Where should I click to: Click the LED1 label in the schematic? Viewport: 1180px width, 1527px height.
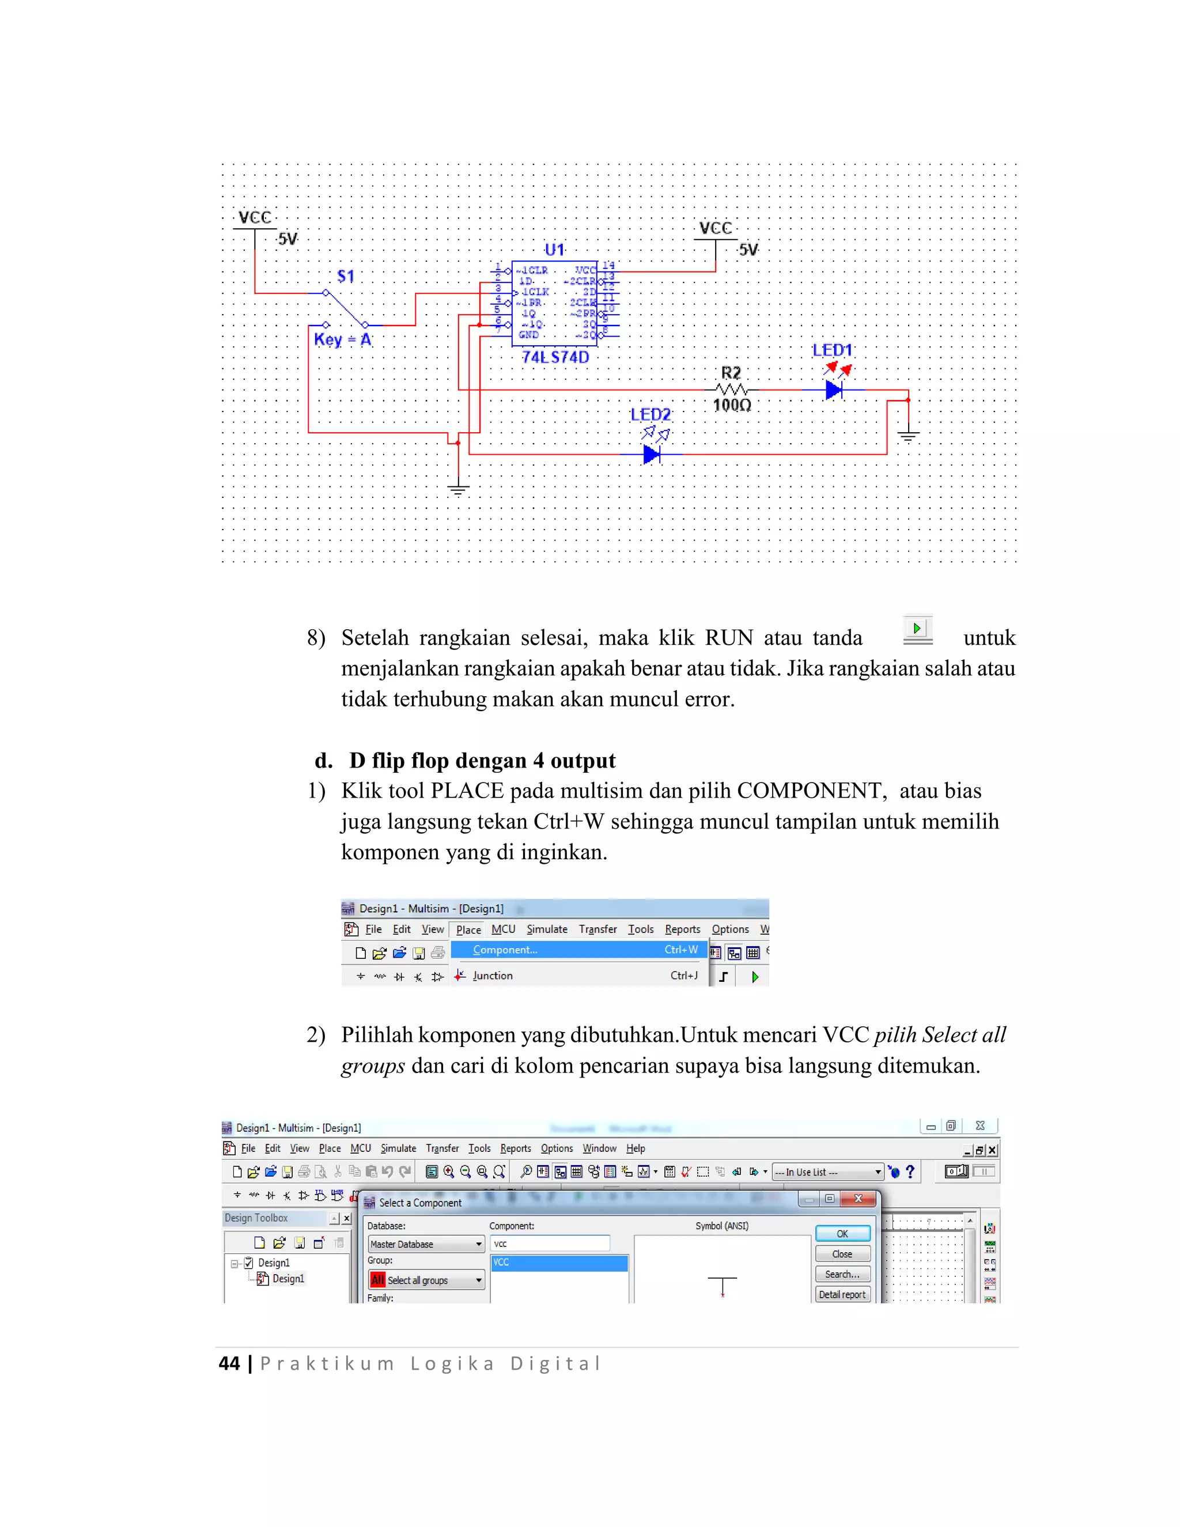click(x=832, y=350)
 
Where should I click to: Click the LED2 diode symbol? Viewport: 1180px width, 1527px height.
click(x=652, y=455)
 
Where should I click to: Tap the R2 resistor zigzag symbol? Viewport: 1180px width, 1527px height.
click(x=732, y=390)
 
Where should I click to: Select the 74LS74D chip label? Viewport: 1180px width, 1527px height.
click(x=556, y=357)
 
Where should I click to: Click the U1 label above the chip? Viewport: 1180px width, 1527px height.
click(x=554, y=250)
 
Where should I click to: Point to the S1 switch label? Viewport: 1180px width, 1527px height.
click(x=345, y=276)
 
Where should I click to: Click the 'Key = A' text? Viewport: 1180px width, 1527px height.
click(x=343, y=340)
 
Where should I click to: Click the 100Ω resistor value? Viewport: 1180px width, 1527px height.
click(x=732, y=406)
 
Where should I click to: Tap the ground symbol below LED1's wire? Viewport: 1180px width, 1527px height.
click(x=908, y=437)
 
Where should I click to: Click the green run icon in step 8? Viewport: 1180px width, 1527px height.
click(x=917, y=628)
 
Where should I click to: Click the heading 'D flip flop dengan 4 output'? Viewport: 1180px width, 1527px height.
click(x=482, y=760)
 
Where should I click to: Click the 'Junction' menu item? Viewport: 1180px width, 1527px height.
click(x=493, y=976)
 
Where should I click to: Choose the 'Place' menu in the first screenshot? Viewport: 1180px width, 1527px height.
click(x=468, y=929)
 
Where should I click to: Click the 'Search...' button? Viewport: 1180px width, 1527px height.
click(x=842, y=1274)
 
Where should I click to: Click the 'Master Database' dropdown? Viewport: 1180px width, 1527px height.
click(x=426, y=1244)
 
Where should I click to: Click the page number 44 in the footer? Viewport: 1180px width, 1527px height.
click(x=229, y=1363)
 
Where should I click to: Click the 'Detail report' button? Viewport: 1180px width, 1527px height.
click(x=842, y=1294)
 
